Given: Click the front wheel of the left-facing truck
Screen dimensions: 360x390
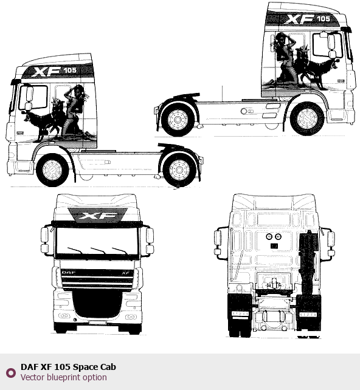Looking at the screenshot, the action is click(x=52, y=170).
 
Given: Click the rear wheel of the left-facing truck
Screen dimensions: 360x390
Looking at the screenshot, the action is click(x=179, y=170).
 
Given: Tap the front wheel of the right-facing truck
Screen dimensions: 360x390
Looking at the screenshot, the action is click(x=307, y=119).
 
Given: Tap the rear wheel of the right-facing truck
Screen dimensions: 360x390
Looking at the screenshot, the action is click(x=178, y=120).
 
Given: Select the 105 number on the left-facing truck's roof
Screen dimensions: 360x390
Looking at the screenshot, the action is click(x=70, y=70).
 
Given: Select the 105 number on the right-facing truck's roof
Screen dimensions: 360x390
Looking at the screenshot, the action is click(x=324, y=19).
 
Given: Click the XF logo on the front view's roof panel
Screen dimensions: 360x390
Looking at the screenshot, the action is click(x=97, y=216).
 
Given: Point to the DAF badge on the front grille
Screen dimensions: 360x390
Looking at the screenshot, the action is click(x=69, y=272).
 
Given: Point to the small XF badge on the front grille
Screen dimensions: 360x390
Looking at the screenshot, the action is click(x=126, y=273).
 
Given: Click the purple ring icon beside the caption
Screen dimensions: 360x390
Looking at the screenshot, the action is click(x=11, y=372).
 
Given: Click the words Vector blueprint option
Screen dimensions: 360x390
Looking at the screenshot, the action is click(x=64, y=377).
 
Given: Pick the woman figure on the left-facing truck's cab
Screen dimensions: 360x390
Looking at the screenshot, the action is click(x=74, y=109).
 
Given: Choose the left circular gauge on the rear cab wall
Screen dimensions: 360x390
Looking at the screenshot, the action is click(x=269, y=236).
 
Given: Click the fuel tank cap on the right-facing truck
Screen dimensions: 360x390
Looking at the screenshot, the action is click(x=244, y=111).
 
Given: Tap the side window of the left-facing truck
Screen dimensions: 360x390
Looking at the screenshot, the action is click(x=33, y=97).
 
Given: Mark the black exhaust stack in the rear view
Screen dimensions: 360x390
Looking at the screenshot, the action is click(x=309, y=264).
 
